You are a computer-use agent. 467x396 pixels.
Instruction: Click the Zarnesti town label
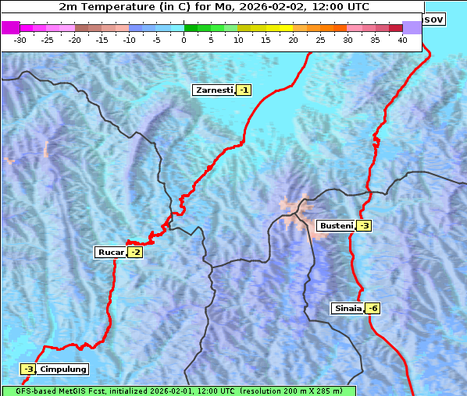(213, 90)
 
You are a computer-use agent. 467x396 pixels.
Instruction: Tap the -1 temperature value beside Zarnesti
(244, 90)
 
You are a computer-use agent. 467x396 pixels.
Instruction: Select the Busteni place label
(336, 226)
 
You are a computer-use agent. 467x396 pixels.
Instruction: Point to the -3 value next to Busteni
(364, 226)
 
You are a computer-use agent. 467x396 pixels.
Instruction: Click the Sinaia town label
(348, 308)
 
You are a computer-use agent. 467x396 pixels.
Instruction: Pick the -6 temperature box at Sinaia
(373, 308)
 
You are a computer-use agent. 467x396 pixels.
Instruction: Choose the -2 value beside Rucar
(135, 252)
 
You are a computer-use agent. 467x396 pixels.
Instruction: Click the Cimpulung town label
(62, 369)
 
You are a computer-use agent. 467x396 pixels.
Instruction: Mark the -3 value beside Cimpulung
(28, 369)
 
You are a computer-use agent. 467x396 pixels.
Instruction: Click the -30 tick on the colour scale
(20, 40)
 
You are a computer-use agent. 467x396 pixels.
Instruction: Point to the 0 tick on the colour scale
(184, 40)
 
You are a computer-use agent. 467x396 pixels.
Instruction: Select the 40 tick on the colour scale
(402, 40)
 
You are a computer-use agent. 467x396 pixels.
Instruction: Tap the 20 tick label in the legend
(294, 40)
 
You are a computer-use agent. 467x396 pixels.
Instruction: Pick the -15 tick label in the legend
(102, 40)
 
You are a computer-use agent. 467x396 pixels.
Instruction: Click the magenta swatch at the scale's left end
(10, 27)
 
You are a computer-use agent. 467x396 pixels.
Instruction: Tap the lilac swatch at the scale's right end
(412, 27)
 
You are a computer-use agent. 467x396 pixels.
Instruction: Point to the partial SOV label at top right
(433, 19)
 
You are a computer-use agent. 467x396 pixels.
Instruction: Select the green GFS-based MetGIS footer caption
(178, 391)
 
